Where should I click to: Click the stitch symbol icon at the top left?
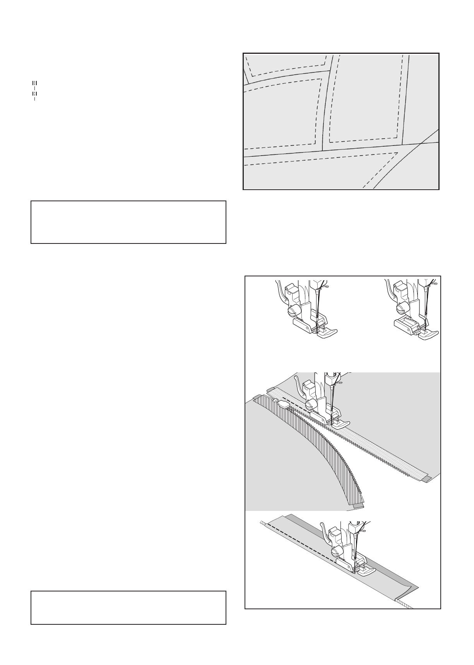tap(34, 91)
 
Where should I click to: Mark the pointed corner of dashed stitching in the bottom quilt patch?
tap(398, 153)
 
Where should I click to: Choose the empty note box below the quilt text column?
tap(128, 222)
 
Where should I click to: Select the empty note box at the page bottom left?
tap(128, 607)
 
